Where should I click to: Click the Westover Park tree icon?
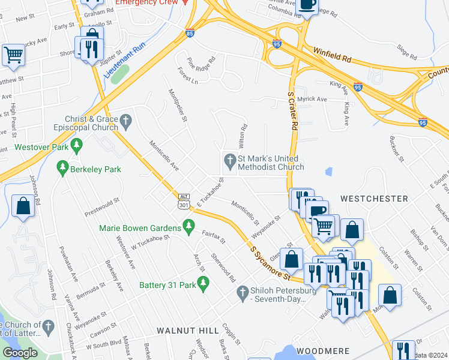point(76,145)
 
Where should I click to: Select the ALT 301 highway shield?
point(184,201)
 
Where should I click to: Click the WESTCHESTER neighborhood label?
point(374,198)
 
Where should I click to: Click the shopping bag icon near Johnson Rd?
point(23,207)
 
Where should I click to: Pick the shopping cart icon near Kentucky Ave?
point(13,55)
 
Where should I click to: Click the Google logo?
point(19,353)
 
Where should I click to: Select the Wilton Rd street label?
point(244,137)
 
